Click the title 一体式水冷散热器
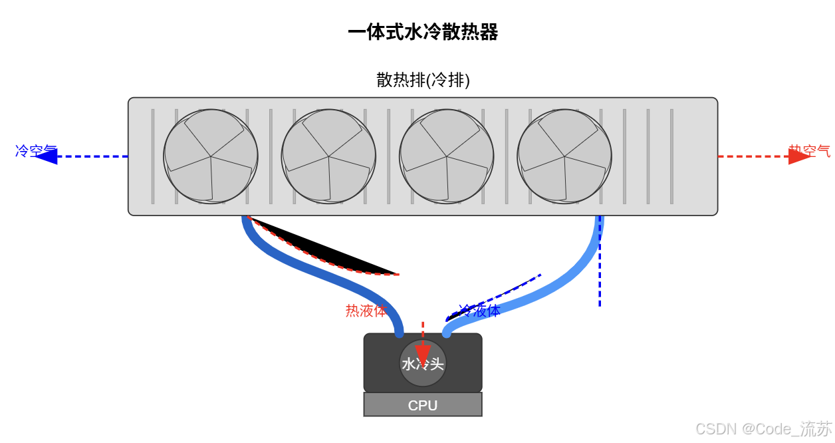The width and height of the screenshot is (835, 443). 423,32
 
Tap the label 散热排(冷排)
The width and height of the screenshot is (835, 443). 423,80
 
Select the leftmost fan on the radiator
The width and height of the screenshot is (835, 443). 211,156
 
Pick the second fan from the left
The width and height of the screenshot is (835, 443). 328,156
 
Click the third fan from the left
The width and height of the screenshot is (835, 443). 446,156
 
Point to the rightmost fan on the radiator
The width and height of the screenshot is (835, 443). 564,156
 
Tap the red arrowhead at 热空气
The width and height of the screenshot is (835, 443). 798,156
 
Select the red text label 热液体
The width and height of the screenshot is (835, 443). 366,311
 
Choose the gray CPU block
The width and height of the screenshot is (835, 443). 423,405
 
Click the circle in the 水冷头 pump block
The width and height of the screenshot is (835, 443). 423,363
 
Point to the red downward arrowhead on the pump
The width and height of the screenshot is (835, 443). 423,355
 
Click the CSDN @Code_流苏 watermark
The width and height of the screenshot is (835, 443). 763,429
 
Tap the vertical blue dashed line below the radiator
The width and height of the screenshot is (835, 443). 600,279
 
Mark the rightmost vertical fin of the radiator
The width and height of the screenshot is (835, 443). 671,156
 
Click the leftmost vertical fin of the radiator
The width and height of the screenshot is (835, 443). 153,156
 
